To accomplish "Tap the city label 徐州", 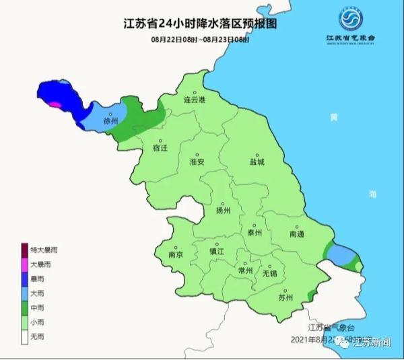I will (111, 122).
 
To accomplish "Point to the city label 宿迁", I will (160, 147).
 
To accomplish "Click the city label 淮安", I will (196, 162).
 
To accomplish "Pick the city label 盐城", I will (257, 162).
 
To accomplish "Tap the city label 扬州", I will (223, 211).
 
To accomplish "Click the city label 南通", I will (297, 234).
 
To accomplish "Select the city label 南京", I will (176, 255).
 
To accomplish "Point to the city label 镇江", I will (217, 251).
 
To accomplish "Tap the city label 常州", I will (246, 271).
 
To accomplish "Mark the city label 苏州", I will (285, 297).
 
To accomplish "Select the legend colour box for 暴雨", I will (25, 279).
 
